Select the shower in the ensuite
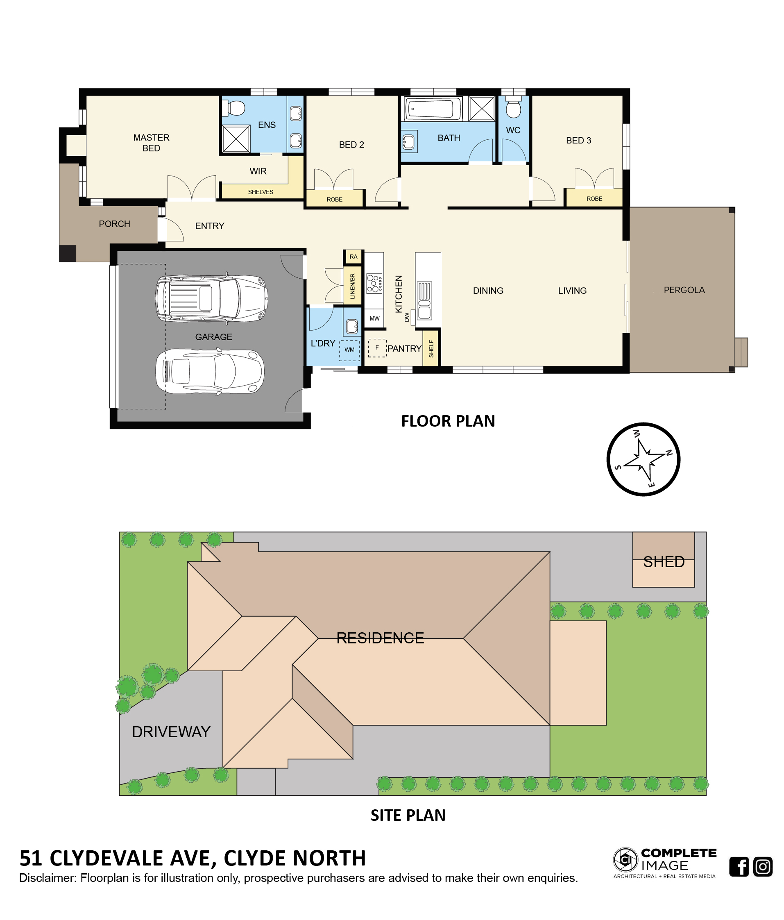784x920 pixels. tap(236, 139)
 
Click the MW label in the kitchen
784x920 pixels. tap(374, 318)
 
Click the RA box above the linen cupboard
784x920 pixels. tap(353, 257)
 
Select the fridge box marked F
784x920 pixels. tap(377, 348)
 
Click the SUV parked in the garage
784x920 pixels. tap(211, 297)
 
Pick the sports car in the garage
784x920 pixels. tap(210, 371)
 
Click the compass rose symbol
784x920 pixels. tap(643, 459)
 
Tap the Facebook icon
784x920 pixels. tap(739, 866)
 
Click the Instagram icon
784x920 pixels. tap(763, 866)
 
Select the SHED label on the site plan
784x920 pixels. tap(664, 562)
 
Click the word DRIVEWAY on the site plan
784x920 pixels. tap(171, 732)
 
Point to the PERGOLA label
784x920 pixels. tap(684, 290)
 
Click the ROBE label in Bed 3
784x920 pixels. tap(594, 198)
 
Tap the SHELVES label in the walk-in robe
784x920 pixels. tap(261, 192)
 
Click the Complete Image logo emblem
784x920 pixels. tap(625, 860)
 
